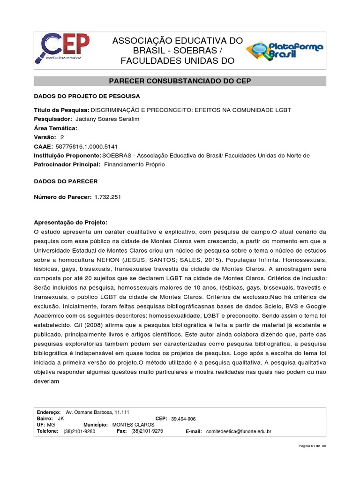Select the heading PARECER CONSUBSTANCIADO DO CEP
tap(180, 81)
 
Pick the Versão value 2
tap(62, 137)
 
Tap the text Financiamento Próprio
tap(135, 165)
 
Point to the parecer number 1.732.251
tap(107, 197)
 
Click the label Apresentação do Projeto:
tap(71, 222)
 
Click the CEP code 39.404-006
tap(184, 419)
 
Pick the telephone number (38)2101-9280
tap(79, 431)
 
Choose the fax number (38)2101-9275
tap(147, 431)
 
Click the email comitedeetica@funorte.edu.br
tap(239, 431)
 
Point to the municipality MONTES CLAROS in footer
tap(134, 425)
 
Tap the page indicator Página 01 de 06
tap(312, 446)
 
